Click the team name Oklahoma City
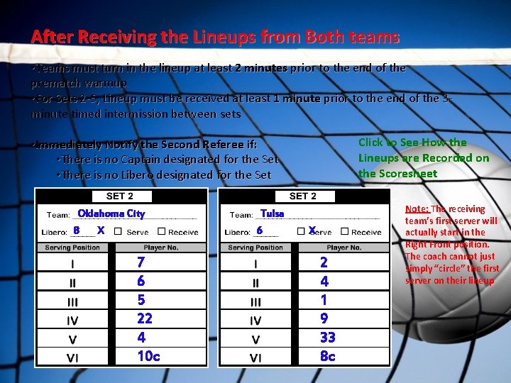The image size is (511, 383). point(111,213)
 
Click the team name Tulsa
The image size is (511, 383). point(272,213)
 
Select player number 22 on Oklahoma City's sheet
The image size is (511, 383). point(145,318)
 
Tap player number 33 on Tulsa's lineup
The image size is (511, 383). point(327,337)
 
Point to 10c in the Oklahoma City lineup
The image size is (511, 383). point(148,355)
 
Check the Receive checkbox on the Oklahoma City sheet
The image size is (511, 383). point(161,232)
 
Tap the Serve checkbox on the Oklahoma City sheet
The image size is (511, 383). point(118,232)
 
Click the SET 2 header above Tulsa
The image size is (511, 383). point(303,196)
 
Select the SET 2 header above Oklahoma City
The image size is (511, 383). point(120,196)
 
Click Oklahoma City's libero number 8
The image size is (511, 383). point(77,231)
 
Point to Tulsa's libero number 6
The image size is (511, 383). point(260,231)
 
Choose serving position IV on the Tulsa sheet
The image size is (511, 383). point(255,320)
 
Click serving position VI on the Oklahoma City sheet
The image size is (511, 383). point(72,357)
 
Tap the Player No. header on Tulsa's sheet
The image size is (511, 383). point(344,248)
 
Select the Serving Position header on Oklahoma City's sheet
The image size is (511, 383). point(73,248)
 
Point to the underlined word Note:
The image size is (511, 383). point(417,209)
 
